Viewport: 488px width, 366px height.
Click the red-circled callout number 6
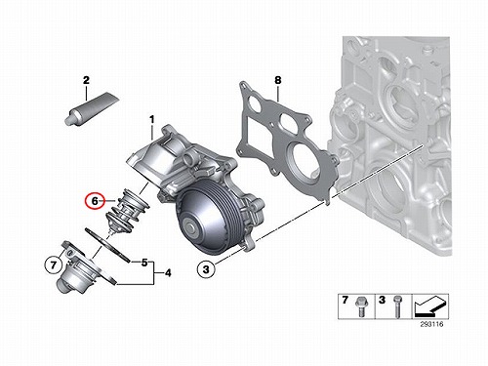[95, 201]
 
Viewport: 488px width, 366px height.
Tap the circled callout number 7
[54, 264]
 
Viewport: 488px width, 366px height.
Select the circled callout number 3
[206, 269]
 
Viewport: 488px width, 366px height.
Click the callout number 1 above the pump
[151, 120]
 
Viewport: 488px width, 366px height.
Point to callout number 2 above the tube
[86, 80]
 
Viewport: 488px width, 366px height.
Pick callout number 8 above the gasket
[277, 80]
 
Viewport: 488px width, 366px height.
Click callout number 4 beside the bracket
[168, 272]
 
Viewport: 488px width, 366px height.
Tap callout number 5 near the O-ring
[144, 263]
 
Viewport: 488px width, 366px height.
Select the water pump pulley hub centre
[189, 225]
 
